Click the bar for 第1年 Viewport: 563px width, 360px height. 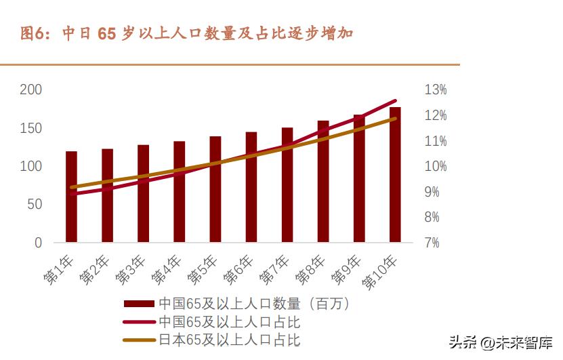pyautogui.click(x=71, y=197)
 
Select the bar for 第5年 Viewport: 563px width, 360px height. pyautogui.click(x=215, y=189)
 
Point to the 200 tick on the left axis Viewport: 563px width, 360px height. pyautogui.click(x=30, y=89)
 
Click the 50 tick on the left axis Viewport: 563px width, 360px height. pyautogui.click(x=34, y=204)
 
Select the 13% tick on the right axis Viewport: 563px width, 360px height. pyautogui.click(x=436, y=89)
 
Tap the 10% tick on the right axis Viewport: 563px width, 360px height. pyautogui.click(x=436, y=166)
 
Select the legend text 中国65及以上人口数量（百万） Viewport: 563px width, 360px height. pyautogui.click(x=254, y=304)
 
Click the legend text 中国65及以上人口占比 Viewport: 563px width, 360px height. pyautogui.click(x=229, y=321)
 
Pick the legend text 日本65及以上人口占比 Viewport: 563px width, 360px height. pyautogui.click(x=229, y=339)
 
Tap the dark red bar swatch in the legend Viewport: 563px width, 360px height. pyautogui.click(x=139, y=304)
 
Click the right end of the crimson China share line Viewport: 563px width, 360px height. pyautogui.click(x=395, y=101)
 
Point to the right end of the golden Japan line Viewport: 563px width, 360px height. pyautogui.click(x=395, y=119)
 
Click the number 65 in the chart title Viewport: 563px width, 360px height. pyautogui.click(x=108, y=33)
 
